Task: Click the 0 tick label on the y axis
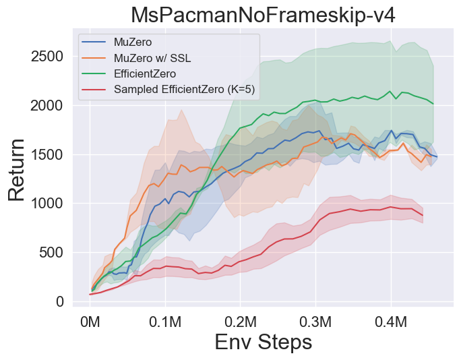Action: click(60, 301)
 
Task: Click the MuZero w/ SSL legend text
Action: click(152, 58)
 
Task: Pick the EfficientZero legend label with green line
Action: click(145, 73)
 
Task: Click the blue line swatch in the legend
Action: click(94, 42)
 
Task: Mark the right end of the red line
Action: click(423, 216)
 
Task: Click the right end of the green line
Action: click(433, 104)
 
